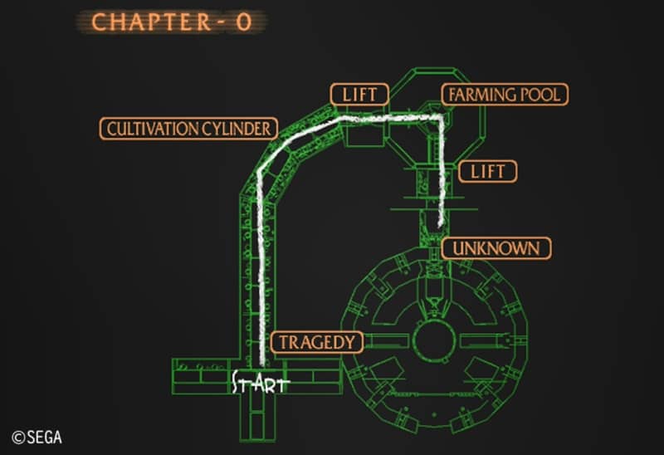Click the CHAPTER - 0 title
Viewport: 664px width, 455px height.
click(172, 22)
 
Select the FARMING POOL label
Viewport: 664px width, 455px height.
click(504, 94)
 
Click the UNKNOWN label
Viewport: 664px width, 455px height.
click(496, 247)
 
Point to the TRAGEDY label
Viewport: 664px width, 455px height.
click(317, 342)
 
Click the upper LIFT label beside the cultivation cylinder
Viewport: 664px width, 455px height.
click(359, 94)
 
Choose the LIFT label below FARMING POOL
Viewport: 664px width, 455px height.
click(487, 172)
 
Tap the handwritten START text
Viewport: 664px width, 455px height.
click(259, 384)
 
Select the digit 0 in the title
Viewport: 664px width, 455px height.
click(242, 22)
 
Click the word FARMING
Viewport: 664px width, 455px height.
click(481, 94)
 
